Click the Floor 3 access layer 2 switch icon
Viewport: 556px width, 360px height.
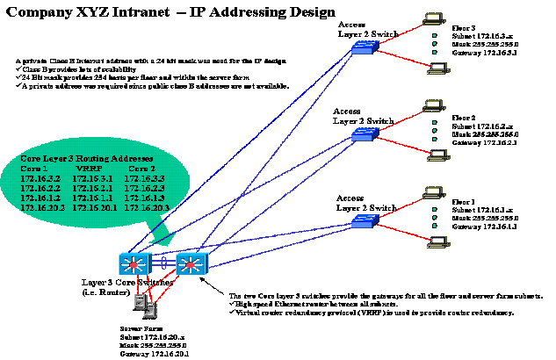[361, 49]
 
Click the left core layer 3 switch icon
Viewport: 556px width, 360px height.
[135, 263]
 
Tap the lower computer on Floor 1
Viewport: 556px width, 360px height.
[437, 243]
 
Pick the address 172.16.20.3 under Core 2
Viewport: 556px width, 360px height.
[146, 207]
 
